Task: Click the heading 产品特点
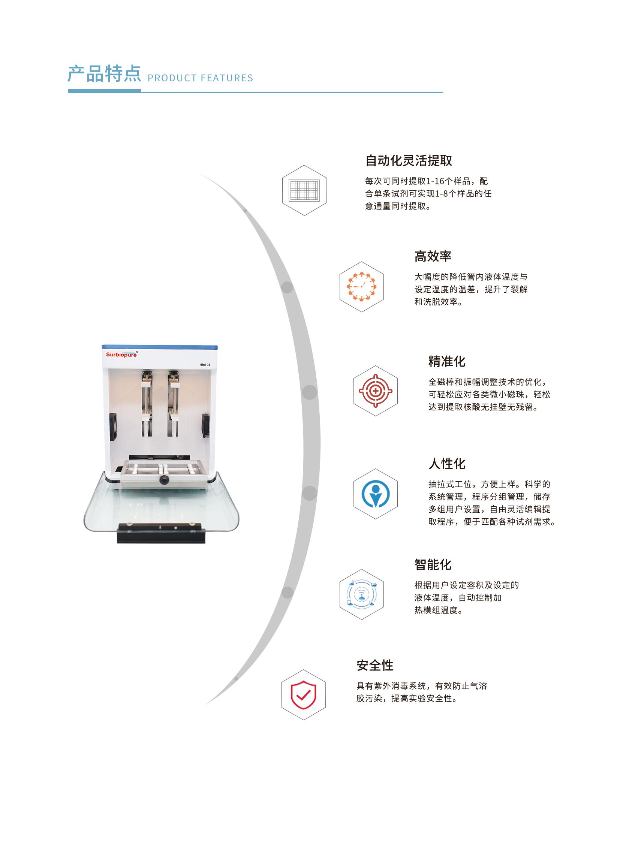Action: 104,73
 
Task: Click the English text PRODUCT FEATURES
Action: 201,78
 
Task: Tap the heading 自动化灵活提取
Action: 409,161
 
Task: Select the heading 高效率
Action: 433,256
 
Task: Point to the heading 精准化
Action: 447,361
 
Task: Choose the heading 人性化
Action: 447,464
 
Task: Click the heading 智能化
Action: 433,564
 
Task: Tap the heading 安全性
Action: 375,665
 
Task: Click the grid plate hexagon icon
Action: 304,190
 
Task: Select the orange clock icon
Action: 361,287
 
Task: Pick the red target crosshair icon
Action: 376,391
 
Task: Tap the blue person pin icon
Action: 376,494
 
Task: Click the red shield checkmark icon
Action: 304,694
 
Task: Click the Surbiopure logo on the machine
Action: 121,355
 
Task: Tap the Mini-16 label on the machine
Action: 205,365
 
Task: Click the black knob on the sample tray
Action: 164,480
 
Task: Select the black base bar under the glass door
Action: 161,533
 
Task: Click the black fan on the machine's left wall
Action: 113,427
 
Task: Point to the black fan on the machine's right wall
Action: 206,425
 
